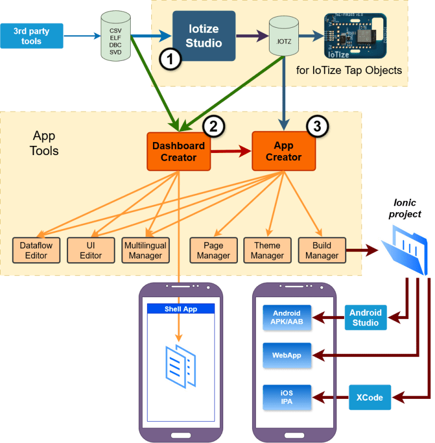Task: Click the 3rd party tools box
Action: pyautogui.click(x=32, y=36)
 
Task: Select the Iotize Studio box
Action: pyautogui.click(x=204, y=36)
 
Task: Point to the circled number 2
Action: pyautogui.click(x=214, y=127)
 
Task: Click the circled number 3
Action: pyautogui.click(x=317, y=127)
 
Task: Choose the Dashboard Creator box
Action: pyautogui.click(x=179, y=151)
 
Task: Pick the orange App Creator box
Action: pyautogui.click(x=284, y=151)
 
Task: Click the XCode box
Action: pyautogui.click(x=369, y=398)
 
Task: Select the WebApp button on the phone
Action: pyautogui.click(x=286, y=355)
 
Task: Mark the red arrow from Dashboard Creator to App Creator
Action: pyautogui.click(x=231, y=152)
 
